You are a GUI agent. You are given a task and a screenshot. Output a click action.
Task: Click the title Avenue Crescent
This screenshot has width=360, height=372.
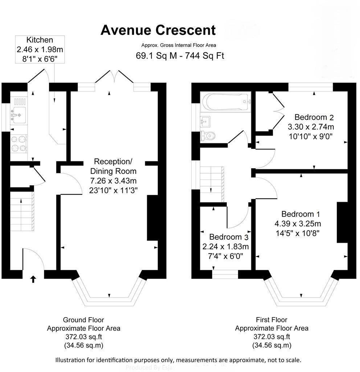[x=158, y=30]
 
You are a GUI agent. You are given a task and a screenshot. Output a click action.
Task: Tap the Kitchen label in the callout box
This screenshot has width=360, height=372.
[x=40, y=40]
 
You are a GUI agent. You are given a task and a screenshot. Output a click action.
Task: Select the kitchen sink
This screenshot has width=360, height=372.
[x=17, y=113]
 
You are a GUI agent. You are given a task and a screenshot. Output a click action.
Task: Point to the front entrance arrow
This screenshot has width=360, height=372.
[x=33, y=279]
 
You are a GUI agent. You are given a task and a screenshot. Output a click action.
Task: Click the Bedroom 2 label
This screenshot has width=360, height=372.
[x=314, y=117]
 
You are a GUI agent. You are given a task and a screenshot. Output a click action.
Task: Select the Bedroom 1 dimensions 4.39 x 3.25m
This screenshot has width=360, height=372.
[x=298, y=223]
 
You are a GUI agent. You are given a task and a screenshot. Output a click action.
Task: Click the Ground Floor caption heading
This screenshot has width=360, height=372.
[x=83, y=320]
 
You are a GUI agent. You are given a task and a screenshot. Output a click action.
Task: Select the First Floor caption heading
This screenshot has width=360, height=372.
[x=271, y=320]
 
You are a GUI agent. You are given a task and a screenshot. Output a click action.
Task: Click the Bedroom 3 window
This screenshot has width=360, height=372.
[x=225, y=274]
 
